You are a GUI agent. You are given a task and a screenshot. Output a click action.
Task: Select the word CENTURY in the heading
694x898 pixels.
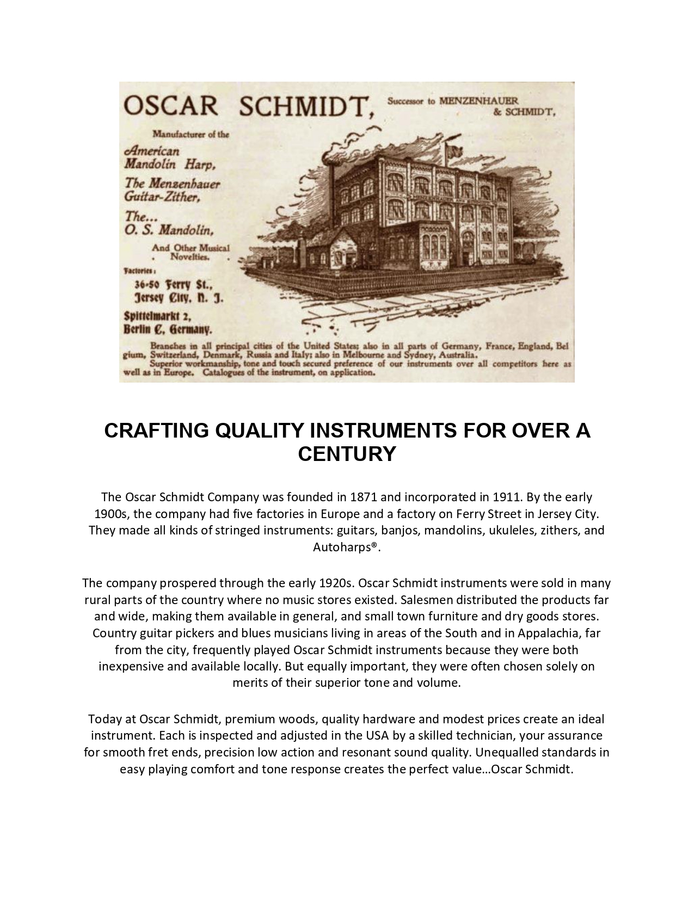pyautogui.click(x=347, y=453)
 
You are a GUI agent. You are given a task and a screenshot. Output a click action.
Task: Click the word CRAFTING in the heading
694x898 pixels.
pyautogui.click(x=157, y=430)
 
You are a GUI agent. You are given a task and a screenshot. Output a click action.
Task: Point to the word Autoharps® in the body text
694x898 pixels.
pyautogui.click(x=345, y=547)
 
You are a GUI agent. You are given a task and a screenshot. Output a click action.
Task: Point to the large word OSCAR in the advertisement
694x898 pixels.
pyautogui.click(x=171, y=106)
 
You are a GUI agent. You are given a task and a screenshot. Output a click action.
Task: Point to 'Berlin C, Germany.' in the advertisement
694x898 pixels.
pyautogui.click(x=168, y=329)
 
